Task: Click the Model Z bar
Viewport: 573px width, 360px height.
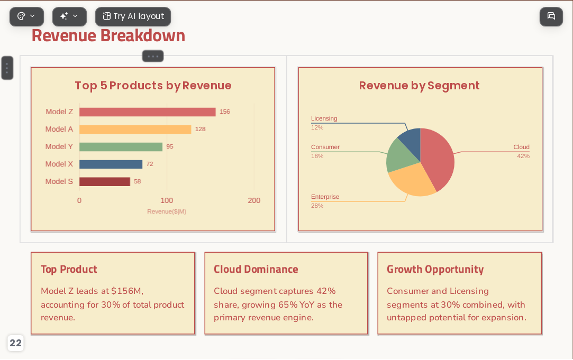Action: tap(147, 112)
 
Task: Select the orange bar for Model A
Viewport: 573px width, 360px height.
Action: tap(135, 129)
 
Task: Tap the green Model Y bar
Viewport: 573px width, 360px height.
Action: tap(121, 147)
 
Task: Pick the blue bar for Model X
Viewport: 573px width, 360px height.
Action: tap(111, 164)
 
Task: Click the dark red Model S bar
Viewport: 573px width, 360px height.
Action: tap(105, 181)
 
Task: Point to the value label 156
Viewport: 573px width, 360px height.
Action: tap(225, 112)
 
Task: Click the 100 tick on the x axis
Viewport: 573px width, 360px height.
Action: tap(167, 200)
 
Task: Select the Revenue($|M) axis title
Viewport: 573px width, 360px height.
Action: tap(167, 211)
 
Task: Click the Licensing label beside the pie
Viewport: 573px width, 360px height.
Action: tap(324, 118)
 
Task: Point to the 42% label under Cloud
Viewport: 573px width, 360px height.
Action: tap(523, 156)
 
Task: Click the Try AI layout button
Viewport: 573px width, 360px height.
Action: tap(133, 16)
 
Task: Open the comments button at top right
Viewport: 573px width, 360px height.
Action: tap(551, 16)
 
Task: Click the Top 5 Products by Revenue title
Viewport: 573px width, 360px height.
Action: tap(153, 86)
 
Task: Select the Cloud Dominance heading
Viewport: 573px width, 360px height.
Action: tap(256, 269)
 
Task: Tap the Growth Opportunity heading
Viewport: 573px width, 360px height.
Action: tap(435, 270)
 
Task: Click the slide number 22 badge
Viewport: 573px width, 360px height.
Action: tap(16, 343)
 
